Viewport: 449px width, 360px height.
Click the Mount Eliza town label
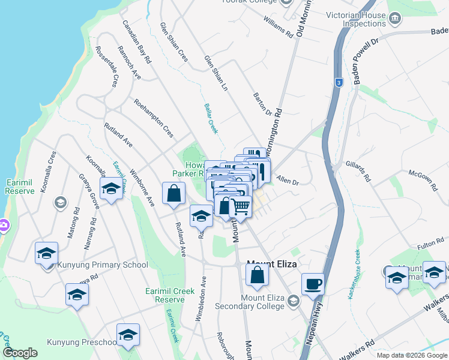273,263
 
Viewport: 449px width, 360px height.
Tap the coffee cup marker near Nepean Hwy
313,283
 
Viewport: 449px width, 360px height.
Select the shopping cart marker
240,207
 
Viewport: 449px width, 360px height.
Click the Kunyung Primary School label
102,265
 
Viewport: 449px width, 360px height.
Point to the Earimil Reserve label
20,186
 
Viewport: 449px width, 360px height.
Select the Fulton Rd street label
429,244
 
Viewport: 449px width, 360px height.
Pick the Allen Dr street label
288,178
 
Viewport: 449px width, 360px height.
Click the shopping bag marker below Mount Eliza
257,276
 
